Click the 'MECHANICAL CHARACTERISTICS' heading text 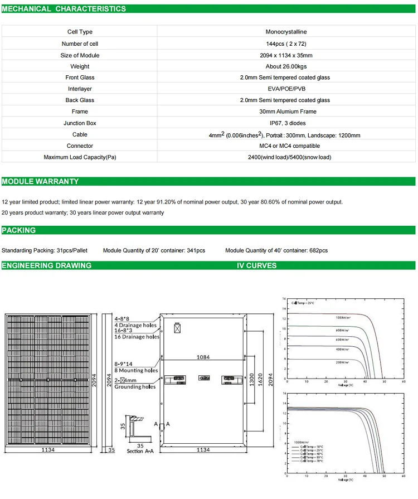pyautogui.click(x=64, y=9)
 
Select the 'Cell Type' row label pyautogui.click(x=80, y=32)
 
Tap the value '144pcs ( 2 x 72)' pyautogui.click(x=284, y=43)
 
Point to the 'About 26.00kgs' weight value pyautogui.click(x=285, y=66)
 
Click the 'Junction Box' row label pyautogui.click(x=80, y=123)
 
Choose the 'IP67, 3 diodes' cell pyautogui.click(x=285, y=123)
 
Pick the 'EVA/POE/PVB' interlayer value pyautogui.click(x=285, y=89)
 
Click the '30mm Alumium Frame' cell pyautogui.click(x=285, y=112)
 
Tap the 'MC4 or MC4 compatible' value pyautogui.click(x=285, y=146)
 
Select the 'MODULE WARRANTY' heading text pyautogui.click(x=40, y=182)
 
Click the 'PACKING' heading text pyautogui.click(x=18, y=230)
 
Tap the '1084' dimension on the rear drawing pyautogui.click(x=202, y=357)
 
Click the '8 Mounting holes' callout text pyautogui.click(x=137, y=371)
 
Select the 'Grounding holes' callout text pyautogui.click(x=135, y=387)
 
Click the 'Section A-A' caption pyautogui.click(x=139, y=451)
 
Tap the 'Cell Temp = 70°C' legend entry pyautogui.click(x=311, y=461)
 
